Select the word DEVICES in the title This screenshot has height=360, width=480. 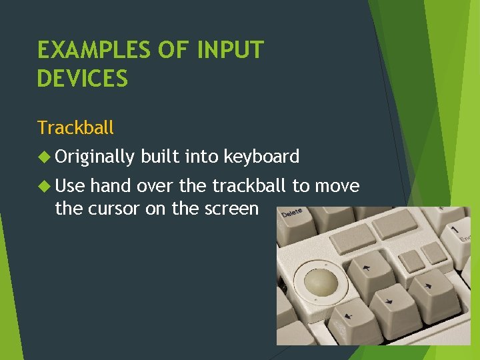tap(82, 79)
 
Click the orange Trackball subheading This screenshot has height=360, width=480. tap(75, 127)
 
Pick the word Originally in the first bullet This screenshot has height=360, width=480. tap(95, 157)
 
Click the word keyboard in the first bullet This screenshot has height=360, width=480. tap(261, 157)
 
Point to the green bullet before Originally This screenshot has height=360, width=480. tap(45, 157)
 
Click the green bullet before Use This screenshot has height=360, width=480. tap(45, 186)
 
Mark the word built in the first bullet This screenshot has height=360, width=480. tap(157, 157)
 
